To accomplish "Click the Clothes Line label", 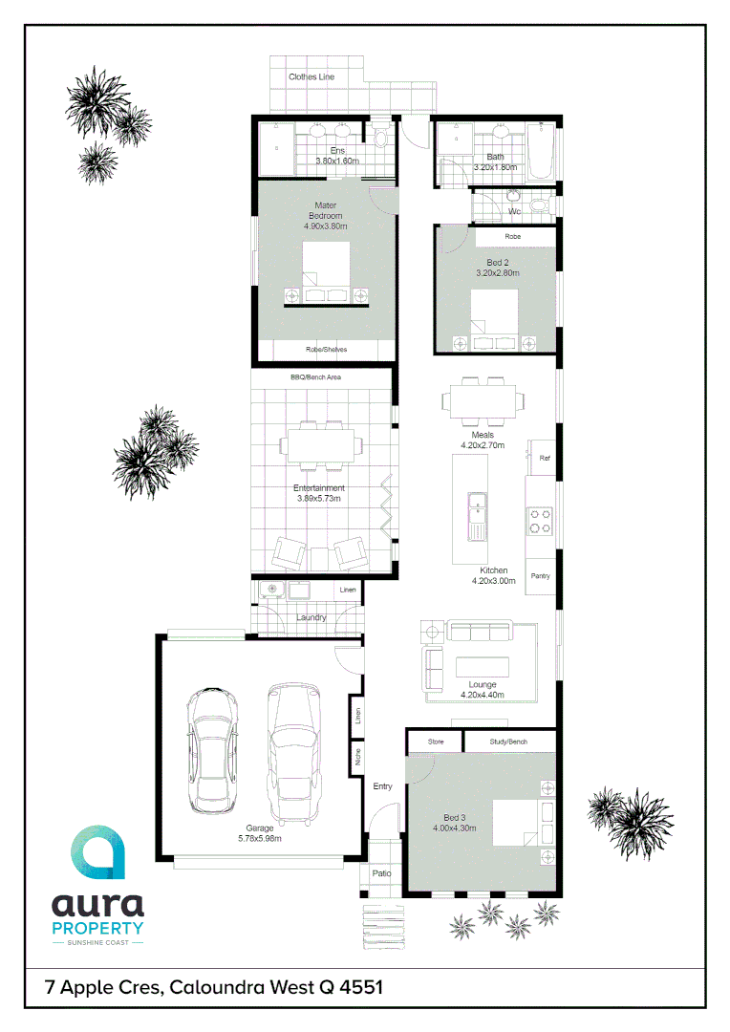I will coord(311,76).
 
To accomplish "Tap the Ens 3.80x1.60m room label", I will coord(337,156).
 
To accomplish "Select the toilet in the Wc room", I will coord(540,205).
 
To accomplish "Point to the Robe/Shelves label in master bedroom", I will coord(326,350).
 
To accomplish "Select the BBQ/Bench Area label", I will coord(316,377).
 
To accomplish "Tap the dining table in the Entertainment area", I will coord(319,444).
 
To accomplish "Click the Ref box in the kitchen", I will coord(545,459).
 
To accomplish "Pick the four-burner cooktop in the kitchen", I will coord(540,520).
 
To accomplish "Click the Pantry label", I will coord(541,576).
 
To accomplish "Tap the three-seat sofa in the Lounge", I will coord(481,632).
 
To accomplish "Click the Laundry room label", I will coord(311,618).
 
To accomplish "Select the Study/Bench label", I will coord(509,742).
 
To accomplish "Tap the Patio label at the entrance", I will coord(381,873).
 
